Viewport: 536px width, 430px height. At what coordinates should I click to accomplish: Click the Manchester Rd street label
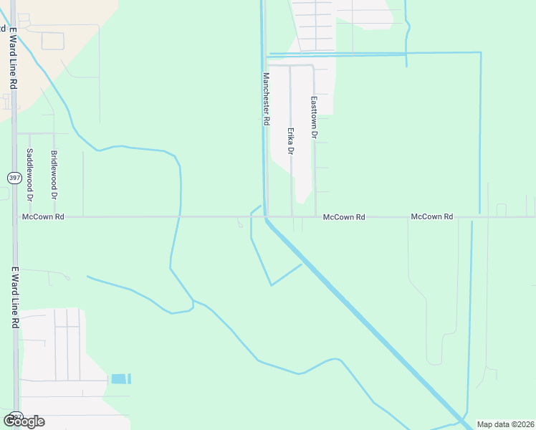coord(266,99)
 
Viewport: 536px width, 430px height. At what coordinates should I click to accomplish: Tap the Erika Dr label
coord(291,141)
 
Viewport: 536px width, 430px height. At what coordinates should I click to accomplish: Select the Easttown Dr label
coord(314,118)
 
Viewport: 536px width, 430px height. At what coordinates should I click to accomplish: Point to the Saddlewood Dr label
coord(30,174)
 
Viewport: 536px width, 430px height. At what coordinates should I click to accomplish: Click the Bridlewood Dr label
coord(54,174)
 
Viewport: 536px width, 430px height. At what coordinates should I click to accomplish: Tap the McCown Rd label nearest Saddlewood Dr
coord(43,216)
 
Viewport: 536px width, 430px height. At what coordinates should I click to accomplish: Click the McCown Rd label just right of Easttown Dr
coord(344,216)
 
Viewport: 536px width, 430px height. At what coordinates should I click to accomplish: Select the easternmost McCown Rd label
coord(432,216)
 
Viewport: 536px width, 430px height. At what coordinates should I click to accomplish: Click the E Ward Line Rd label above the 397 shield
coord(13,59)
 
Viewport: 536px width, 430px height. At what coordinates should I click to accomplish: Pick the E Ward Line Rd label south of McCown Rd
coord(14,298)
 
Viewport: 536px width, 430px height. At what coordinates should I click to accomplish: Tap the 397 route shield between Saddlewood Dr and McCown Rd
coord(14,177)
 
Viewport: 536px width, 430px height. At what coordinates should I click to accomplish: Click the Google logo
coord(24,421)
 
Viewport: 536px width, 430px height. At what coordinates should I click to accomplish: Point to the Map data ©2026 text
coord(506,424)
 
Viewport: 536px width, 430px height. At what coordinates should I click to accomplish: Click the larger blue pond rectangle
coord(118,378)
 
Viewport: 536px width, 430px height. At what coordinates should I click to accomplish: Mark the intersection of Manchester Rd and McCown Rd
coord(265,216)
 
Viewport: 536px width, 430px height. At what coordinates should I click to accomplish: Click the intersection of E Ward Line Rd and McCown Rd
coord(14,216)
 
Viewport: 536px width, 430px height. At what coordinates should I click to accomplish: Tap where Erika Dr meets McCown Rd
coord(292,216)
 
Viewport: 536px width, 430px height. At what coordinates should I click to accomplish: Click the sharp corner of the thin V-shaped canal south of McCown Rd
coord(271,285)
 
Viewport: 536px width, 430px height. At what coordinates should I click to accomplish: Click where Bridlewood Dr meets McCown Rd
coord(54,216)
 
